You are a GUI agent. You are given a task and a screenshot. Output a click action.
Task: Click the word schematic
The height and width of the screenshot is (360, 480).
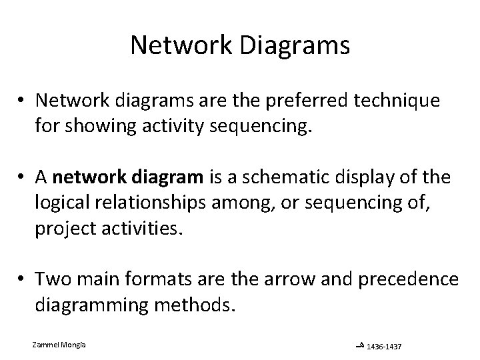283,179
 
